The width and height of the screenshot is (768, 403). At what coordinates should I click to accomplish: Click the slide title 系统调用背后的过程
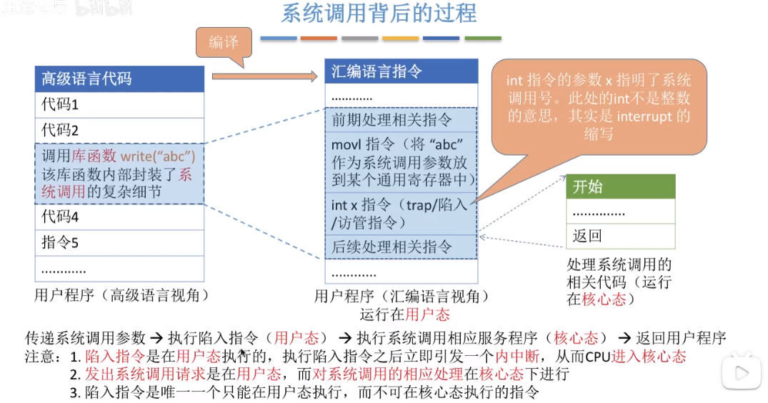point(379,14)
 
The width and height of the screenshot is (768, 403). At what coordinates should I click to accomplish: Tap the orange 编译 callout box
point(224,43)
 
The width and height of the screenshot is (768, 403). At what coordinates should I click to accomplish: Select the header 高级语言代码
point(119,79)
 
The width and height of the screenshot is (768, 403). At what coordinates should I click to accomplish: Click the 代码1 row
point(119,104)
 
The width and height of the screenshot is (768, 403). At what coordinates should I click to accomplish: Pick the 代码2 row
point(119,129)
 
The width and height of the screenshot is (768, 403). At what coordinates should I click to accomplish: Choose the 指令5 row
point(119,243)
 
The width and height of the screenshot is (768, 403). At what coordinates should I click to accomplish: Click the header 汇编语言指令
point(401,71)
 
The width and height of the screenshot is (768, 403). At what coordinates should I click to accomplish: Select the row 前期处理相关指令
point(401,120)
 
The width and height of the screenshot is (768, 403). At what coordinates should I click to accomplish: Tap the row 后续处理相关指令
point(401,247)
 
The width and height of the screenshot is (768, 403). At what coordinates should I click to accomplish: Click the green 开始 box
point(620,186)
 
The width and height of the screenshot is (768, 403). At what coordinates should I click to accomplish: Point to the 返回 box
point(620,236)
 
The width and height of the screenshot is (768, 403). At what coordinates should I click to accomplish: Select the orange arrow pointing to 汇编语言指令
point(264,76)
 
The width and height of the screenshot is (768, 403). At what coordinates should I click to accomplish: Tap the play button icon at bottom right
point(740,372)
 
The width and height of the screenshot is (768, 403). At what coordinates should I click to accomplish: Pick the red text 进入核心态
point(650,357)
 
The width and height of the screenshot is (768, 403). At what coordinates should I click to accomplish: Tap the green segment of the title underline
point(483,38)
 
